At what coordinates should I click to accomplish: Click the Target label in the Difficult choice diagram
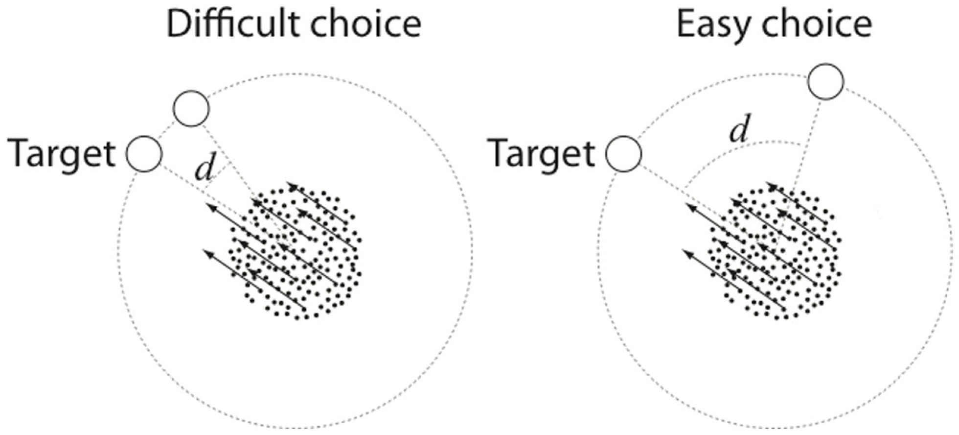[62, 154]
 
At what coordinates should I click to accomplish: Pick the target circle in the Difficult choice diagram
[144, 154]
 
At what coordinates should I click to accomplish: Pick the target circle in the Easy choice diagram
[623, 154]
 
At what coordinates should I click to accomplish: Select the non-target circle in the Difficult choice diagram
[191, 108]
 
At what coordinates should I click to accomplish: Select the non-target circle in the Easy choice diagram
[826, 81]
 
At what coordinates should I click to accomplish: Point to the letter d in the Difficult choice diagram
[205, 169]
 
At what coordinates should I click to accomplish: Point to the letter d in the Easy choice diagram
[739, 130]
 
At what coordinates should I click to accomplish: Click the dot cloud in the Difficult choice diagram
[298, 255]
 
